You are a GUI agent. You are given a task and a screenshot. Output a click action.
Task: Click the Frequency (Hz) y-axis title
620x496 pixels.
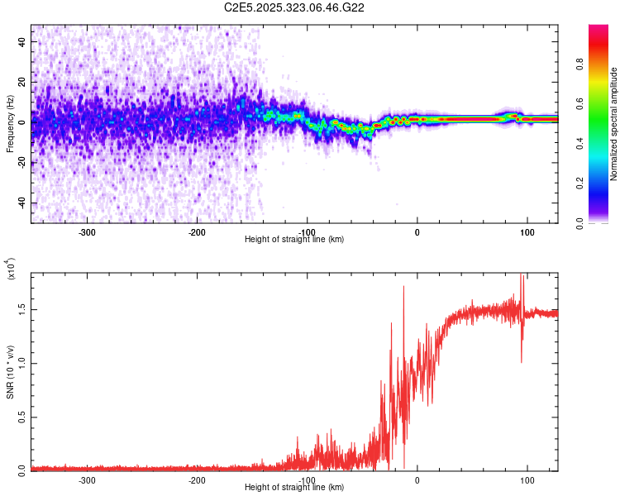tap(10, 123)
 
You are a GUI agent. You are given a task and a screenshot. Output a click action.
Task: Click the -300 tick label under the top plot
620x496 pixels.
tap(87, 231)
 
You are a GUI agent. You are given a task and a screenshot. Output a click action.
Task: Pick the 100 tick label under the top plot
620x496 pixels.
tap(527, 231)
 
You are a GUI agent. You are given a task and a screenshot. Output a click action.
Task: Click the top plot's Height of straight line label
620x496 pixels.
tap(295, 240)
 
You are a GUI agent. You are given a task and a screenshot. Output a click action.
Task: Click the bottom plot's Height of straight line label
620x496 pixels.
tap(295, 488)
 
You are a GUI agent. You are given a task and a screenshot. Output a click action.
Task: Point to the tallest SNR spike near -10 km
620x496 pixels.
tap(403, 287)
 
